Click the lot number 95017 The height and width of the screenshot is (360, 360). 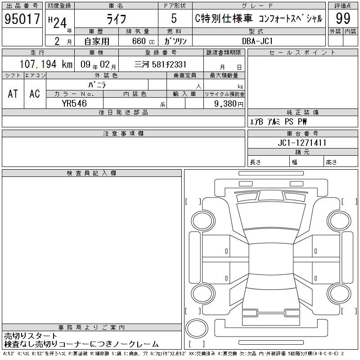(x=22, y=18)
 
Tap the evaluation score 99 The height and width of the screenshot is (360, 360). (x=343, y=18)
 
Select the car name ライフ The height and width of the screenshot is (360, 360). (x=116, y=19)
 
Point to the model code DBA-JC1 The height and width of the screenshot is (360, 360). (x=257, y=41)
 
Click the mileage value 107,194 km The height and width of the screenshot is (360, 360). (x=46, y=64)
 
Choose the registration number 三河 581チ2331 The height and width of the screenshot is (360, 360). (x=160, y=64)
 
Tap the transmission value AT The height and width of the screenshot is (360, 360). (x=13, y=94)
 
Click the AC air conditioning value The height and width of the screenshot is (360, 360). (x=35, y=94)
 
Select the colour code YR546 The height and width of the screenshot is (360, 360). (x=74, y=103)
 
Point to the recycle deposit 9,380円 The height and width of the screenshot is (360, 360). (x=229, y=104)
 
